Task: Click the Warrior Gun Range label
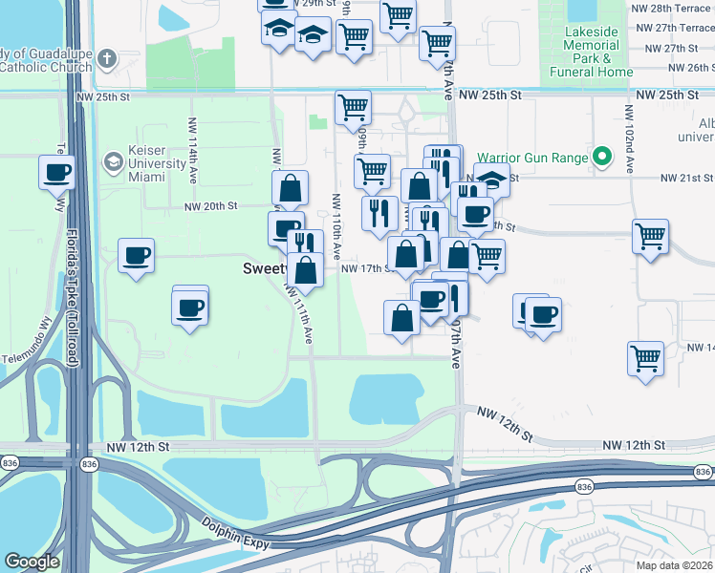pyautogui.click(x=532, y=156)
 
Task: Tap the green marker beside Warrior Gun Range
pyautogui.click(x=602, y=157)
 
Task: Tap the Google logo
pyautogui.click(x=32, y=562)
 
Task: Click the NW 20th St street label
pyautogui.click(x=210, y=205)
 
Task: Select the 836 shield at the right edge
pyautogui.click(x=703, y=472)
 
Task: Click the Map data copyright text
pyautogui.click(x=676, y=562)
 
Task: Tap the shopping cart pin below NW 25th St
pyautogui.click(x=353, y=107)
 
